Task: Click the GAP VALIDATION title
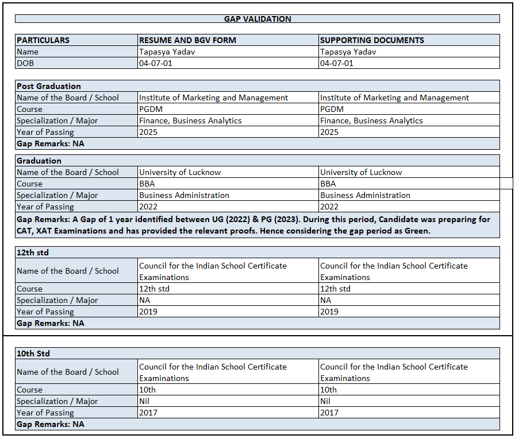257,19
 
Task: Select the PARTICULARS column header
43,40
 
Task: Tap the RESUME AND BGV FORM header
187,40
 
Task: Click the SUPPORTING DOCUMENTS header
372,40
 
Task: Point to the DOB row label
25,63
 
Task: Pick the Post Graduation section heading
49,86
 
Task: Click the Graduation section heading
39,161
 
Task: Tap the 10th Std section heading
33,353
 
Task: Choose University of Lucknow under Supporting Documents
361,172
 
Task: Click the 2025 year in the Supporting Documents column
329,132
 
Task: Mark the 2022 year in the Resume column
148,207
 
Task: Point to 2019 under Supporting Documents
329,312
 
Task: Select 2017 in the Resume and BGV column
148,413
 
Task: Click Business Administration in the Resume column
184,195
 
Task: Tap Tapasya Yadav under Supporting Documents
348,52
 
